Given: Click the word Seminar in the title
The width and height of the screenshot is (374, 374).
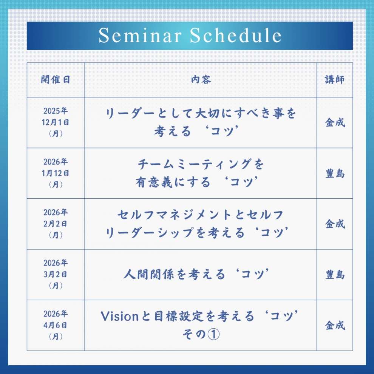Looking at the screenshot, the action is click(x=140, y=36).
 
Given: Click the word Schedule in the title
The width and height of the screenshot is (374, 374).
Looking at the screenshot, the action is click(x=236, y=36).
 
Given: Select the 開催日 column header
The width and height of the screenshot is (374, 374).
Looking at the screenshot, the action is click(x=56, y=80).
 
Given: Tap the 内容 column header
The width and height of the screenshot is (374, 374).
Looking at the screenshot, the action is click(x=201, y=80).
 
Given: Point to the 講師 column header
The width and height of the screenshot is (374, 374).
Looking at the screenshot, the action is click(x=335, y=80).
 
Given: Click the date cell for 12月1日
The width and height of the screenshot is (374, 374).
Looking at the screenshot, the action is click(x=56, y=122).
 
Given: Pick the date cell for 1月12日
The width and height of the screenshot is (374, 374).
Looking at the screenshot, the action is click(x=56, y=173).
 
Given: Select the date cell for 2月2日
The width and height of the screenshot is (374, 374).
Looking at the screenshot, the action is click(x=56, y=224).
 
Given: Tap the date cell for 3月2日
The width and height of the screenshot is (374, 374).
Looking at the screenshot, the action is click(x=56, y=274).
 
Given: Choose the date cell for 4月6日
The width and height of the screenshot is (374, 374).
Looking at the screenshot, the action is click(x=56, y=325).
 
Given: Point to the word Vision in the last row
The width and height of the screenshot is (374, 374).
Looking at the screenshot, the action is click(x=120, y=316).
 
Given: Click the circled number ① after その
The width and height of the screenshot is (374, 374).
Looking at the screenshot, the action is click(x=213, y=334).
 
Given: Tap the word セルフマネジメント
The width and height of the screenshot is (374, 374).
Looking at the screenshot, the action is click(x=175, y=215).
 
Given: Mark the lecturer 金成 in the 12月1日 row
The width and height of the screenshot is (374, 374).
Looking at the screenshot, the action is click(x=335, y=123).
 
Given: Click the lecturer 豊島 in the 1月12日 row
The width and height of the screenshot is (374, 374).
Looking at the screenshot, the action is click(x=335, y=173).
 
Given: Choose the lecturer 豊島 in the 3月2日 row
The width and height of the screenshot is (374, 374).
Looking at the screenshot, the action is click(x=335, y=275).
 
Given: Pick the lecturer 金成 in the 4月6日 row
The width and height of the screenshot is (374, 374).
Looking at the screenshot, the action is click(x=335, y=325).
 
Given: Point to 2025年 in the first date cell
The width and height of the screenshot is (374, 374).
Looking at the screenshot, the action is click(x=56, y=111).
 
